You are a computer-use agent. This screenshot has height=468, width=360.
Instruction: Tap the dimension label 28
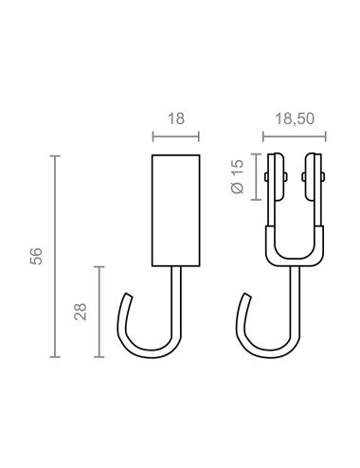(x=80, y=311)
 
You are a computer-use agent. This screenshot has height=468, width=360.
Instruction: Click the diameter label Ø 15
(x=239, y=175)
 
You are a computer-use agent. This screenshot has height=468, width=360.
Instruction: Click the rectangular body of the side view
(x=176, y=208)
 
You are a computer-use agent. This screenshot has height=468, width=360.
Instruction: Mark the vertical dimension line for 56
(x=55, y=256)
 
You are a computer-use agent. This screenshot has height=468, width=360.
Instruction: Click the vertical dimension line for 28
(x=99, y=311)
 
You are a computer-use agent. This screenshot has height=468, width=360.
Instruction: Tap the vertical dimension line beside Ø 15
(x=255, y=175)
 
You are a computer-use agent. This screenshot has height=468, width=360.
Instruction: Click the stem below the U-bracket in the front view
(x=294, y=294)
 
